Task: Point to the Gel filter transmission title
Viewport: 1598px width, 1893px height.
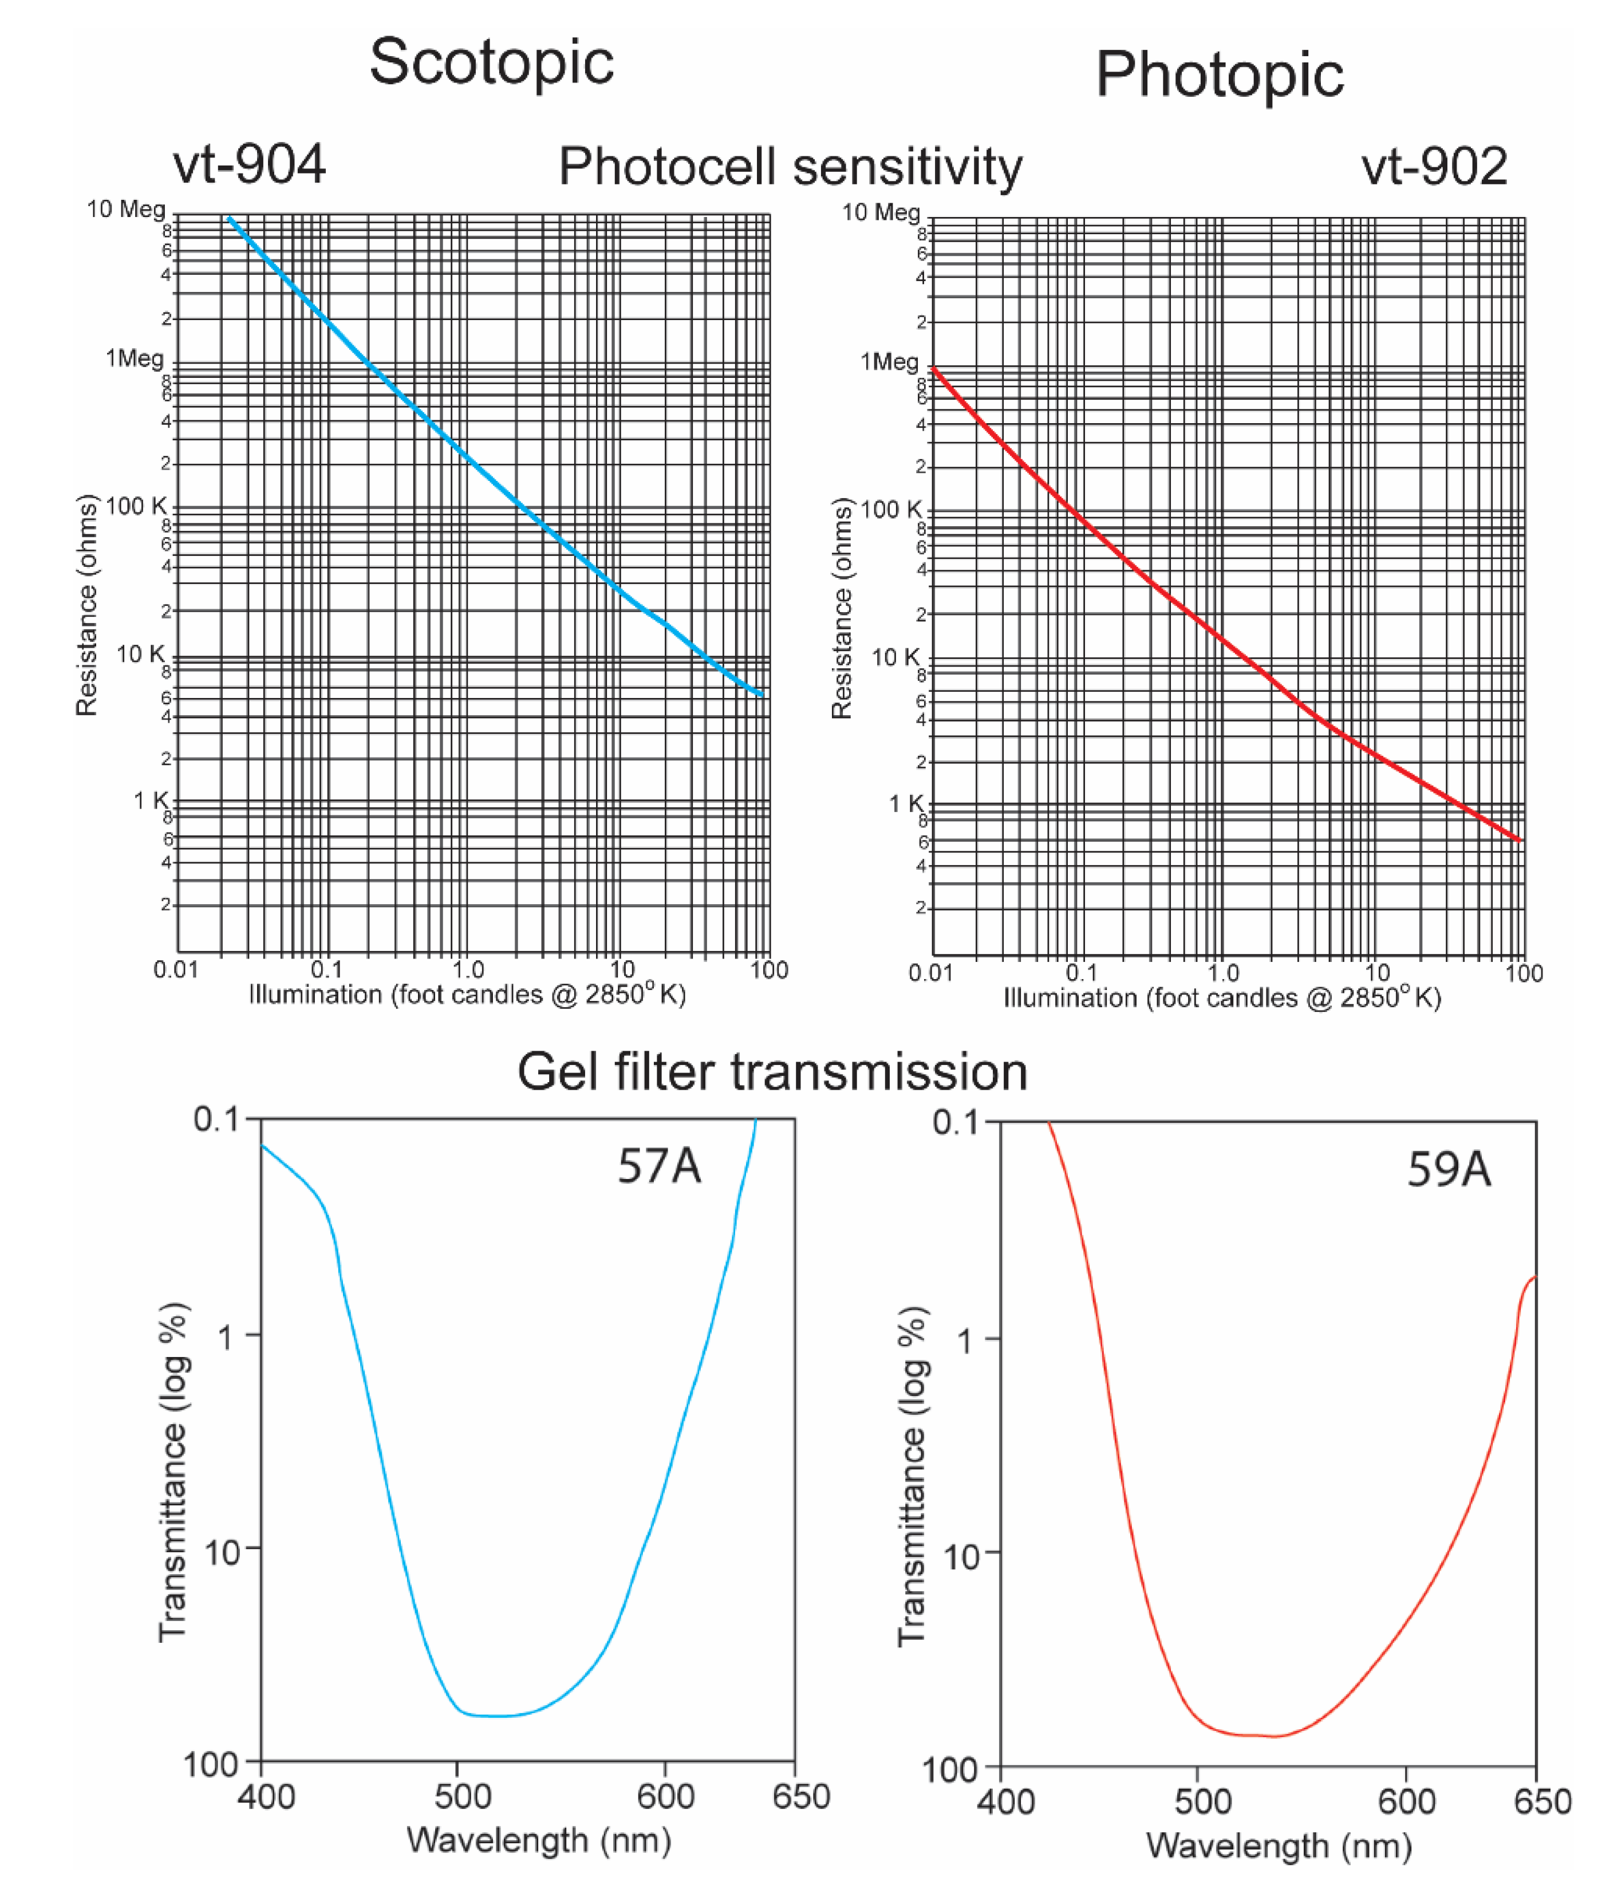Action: [x=772, y=1071]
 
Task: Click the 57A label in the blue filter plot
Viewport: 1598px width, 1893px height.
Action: [x=658, y=1166]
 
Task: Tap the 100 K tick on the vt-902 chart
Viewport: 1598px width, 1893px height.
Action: [x=890, y=510]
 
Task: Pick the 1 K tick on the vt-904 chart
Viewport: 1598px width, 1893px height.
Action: [x=151, y=800]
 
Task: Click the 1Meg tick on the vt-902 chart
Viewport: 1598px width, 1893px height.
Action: [x=889, y=362]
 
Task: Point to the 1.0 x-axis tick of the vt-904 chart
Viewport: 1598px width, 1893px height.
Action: [x=467, y=970]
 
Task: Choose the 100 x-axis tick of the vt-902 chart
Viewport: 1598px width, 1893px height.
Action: [x=1524, y=973]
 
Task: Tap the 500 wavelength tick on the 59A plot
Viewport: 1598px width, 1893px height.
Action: [x=1202, y=1801]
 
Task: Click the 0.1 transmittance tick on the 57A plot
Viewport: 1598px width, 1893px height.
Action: [x=216, y=1119]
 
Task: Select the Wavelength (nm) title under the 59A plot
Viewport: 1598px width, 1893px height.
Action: [x=1278, y=1845]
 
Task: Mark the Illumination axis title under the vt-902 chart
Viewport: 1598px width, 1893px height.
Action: [x=1221, y=998]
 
